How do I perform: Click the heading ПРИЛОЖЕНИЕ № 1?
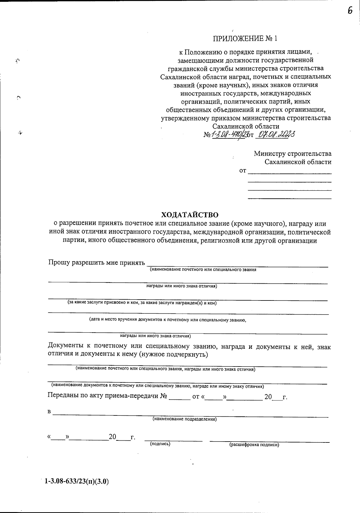(245, 39)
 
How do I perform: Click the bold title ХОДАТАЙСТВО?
(190, 215)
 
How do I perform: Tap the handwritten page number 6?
(349, 11)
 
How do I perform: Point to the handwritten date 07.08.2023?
(274, 135)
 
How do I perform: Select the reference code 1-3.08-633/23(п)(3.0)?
(76, 481)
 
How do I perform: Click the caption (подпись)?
(160, 444)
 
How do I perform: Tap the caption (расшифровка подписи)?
(254, 445)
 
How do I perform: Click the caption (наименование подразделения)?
(184, 419)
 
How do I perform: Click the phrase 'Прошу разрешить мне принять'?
(97, 263)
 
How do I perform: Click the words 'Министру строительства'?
(293, 154)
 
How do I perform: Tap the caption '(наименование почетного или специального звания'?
(203, 270)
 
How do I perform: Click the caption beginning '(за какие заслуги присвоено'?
(142, 303)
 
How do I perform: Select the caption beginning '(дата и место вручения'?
(167, 320)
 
